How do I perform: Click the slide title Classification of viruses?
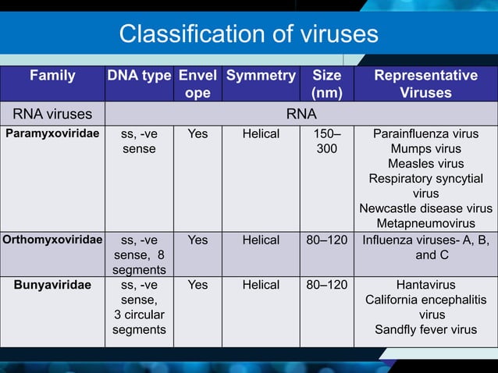248,34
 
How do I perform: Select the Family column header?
52,76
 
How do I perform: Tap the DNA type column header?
138,76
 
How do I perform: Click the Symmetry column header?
261,76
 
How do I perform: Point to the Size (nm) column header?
326,84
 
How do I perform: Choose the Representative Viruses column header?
425,84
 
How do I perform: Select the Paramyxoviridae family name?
52,133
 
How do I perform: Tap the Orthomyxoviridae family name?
52,240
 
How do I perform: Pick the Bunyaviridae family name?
52,285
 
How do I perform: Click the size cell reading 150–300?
326,140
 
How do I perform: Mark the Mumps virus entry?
425,148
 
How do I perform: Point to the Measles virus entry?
425,163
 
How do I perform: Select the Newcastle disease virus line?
425,208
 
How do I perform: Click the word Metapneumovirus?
425,223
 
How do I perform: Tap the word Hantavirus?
425,285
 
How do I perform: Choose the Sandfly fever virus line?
425,329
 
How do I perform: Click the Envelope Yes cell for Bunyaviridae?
198,285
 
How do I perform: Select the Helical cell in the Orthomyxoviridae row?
261,240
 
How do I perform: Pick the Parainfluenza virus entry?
425,133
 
